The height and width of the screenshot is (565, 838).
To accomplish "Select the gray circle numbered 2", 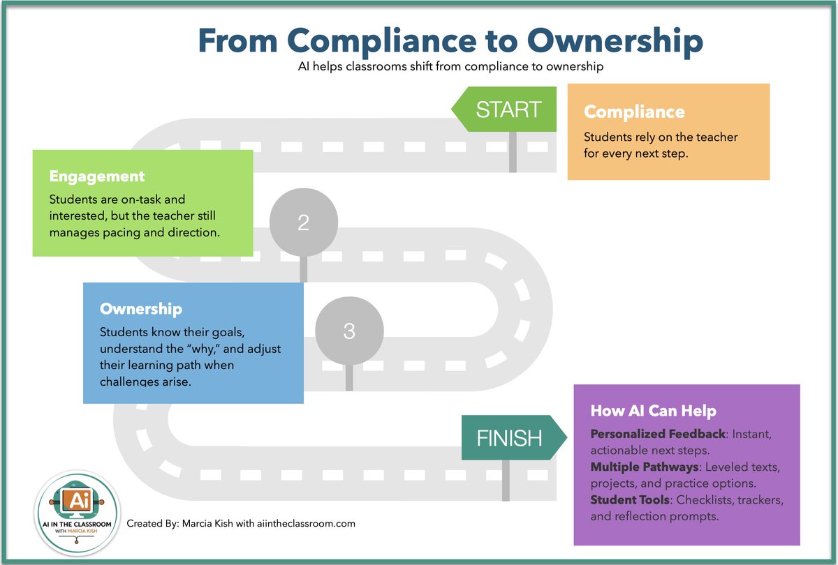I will (303, 223).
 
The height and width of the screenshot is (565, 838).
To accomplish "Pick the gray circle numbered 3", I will (349, 331).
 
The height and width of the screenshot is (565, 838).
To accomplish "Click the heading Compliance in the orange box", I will (634, 112).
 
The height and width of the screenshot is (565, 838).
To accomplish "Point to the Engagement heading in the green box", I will (97, 176).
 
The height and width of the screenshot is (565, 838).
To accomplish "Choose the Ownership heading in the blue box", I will (141, 308).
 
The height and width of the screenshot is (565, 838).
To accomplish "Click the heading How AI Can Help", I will (653, 411).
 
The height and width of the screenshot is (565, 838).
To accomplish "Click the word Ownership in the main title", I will (615, 41).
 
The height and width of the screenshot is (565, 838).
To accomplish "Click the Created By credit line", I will (241, 523).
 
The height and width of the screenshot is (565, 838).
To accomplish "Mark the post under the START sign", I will (513, 152).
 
